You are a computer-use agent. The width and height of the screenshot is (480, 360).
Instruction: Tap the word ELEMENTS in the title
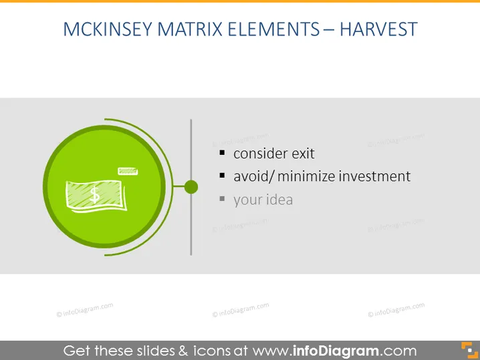273,29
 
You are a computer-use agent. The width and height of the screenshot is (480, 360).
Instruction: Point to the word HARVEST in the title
378,29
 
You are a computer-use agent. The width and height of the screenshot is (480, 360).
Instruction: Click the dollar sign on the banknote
94,195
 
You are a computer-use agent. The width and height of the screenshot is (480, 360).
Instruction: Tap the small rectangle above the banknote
128,171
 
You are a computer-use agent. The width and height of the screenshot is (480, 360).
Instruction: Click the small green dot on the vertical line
191,187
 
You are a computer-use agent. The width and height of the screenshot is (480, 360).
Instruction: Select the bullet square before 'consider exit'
222,152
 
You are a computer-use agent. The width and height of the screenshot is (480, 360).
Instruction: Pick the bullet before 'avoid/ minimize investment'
222,175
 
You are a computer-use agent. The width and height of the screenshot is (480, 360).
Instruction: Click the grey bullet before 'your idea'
222,199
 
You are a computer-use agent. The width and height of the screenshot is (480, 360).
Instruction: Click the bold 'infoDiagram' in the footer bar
336,351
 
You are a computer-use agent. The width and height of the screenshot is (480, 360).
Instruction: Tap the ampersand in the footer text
183,351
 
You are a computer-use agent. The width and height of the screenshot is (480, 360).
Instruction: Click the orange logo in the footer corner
469,350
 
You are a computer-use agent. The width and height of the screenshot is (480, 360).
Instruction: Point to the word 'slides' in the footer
156,351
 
